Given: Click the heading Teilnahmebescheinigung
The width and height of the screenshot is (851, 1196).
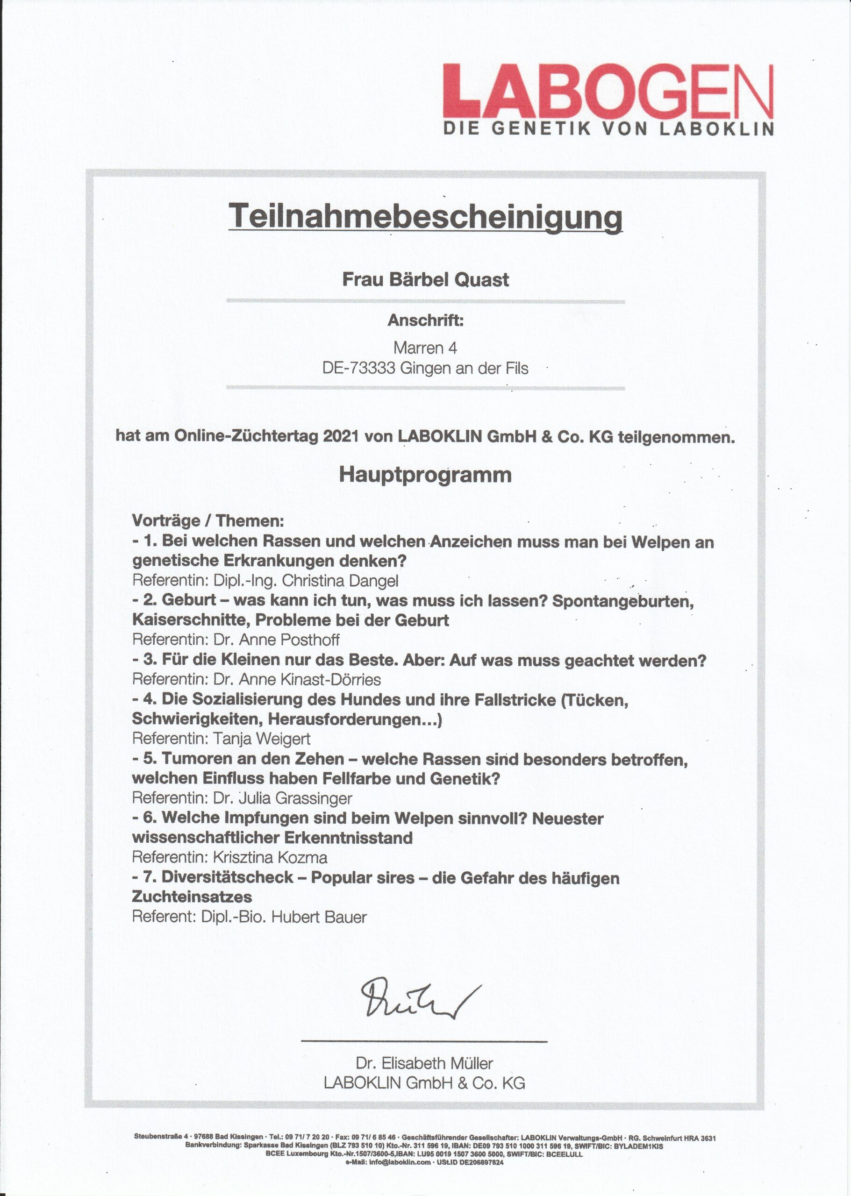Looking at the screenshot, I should [425, 216].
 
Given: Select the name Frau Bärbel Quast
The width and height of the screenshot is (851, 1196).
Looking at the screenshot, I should [425, 279].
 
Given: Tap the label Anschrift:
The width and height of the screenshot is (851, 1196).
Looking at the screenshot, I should [425, 320].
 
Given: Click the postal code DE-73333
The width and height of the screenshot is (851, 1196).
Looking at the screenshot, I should [358, 368].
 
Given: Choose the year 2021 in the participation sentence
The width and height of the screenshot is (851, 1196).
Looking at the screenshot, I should [341, 436].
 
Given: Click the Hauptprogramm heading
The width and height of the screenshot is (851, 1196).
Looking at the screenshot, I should [425, 475].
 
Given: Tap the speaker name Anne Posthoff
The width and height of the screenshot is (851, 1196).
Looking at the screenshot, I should [289, 640].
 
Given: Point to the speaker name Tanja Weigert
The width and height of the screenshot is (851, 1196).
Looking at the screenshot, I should [262, 739].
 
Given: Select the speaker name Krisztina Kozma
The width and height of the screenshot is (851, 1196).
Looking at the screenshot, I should [270, 858].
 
